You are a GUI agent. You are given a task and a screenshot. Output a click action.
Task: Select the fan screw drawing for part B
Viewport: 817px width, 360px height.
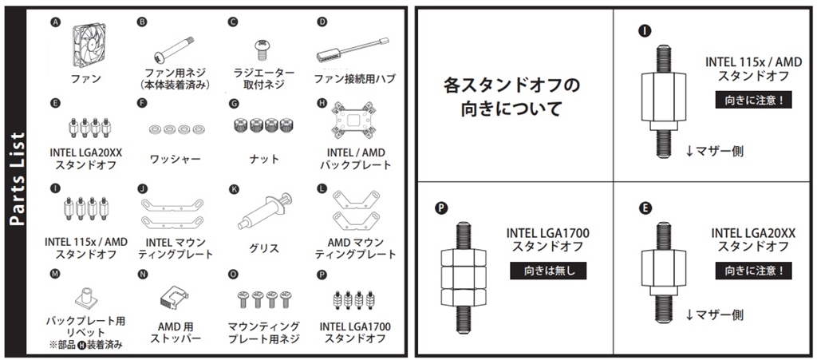point(175,49)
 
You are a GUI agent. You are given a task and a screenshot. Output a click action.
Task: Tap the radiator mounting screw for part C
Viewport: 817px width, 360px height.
point(262,50)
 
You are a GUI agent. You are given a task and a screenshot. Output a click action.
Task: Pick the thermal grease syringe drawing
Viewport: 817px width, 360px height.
point(264,211)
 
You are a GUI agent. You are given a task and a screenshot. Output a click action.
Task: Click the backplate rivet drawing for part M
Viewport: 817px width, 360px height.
point(86,297)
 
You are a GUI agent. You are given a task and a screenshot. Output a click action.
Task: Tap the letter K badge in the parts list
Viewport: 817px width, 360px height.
point(234,190)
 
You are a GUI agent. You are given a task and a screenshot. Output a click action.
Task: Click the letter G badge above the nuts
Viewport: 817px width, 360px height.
point(234,104)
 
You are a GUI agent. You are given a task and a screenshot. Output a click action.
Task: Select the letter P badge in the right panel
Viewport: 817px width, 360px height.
point(441,209)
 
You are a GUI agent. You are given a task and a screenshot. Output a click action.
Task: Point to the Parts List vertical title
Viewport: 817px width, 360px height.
point(18,180)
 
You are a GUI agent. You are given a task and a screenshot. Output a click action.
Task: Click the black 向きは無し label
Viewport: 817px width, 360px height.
point(547,271)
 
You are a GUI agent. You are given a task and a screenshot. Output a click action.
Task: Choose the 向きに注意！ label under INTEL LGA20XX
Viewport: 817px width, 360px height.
point(753,271)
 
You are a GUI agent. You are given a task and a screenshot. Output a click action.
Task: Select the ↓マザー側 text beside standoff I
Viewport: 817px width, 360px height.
point(714,151)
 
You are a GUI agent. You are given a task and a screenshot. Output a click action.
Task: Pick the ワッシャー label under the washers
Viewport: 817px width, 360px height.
point(175,158)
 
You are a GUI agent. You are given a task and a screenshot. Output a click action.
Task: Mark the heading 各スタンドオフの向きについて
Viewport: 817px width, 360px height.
point(511,97)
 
